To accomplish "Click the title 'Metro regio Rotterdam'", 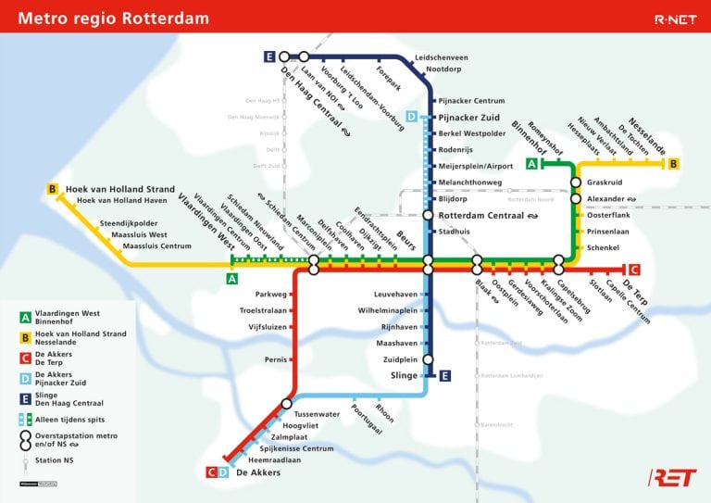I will pyautogui.click(x=114, y=19).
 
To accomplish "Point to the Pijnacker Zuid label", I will pyautogui.click(x=468, y=118).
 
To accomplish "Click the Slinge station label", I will pyautogui.click(x=405, y=375).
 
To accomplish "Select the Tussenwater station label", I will pyautogui.click(x=317, y=413).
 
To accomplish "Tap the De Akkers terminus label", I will pyautogui.click(x=258, y=472).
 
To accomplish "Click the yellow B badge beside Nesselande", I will pyautogui.click(x=674, y=164).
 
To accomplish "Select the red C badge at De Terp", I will pyautogui.click(x=633, y=270).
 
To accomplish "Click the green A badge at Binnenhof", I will pyautogui.click(x=531, y=164).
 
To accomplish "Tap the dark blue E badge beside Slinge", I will pyautogui.click(x=445, y=375).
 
